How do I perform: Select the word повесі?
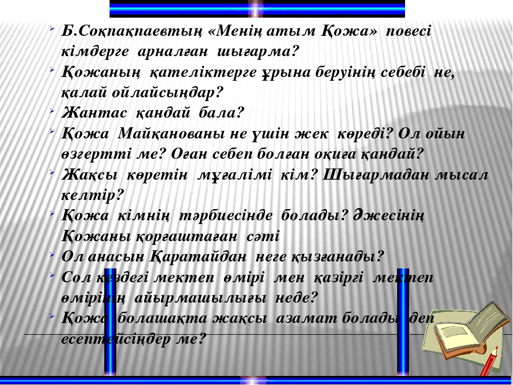(409, 32)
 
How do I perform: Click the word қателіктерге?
(203, 73)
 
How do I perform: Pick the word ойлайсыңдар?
(167, 93)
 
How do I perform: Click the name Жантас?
(94, 113)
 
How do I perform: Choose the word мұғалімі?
(235, 175)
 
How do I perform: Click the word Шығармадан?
(376, 175)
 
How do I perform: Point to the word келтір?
(93, 196)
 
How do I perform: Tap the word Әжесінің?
(388, 215)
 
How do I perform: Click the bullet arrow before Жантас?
(52, 111)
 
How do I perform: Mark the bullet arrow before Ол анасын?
(52, 255)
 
